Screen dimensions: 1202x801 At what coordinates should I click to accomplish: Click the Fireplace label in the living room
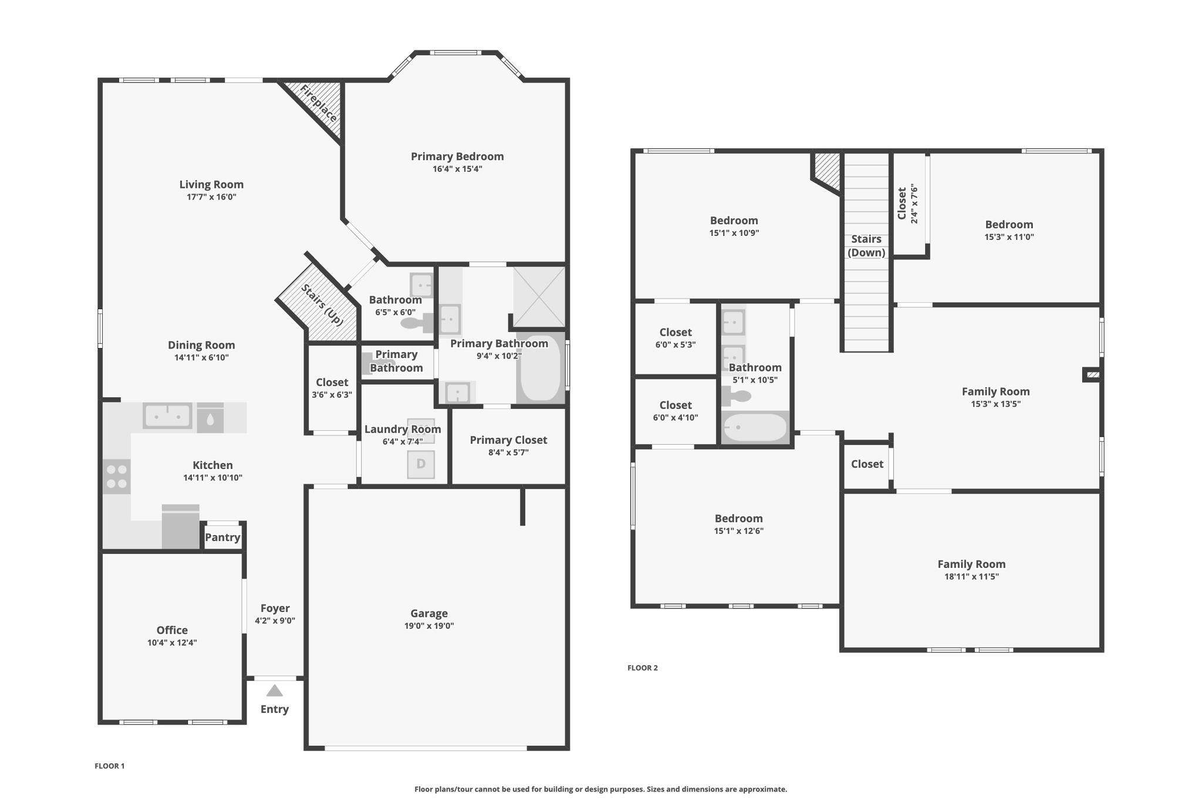click(319, 103)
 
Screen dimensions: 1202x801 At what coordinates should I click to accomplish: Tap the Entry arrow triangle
click(275, 691)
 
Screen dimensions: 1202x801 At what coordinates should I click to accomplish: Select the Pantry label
click(222, 537)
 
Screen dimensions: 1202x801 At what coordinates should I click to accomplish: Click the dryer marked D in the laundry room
click(421, 464)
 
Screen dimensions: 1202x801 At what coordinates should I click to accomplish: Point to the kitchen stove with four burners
click(117, 476)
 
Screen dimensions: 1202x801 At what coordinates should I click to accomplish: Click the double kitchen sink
click(168, 415)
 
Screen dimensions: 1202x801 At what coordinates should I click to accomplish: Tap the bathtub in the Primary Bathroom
click(541, 368)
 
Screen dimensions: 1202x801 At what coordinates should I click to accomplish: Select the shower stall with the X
click(539, 297)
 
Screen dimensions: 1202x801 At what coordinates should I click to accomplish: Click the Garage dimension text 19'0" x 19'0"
click(429, 626)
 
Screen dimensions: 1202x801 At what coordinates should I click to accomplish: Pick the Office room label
click(172, 630)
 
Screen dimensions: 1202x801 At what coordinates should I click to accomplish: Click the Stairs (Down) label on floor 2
click(866, 246)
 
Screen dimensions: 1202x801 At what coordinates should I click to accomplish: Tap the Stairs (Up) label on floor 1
click(322, 305)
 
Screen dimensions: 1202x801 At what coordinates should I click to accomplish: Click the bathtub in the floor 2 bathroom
click(755, 427)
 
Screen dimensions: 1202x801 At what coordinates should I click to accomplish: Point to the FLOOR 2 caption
click(643, 668)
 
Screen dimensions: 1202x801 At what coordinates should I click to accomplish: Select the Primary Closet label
click(508, 440)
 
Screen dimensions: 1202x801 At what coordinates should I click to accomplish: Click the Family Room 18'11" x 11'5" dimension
click(971, 576)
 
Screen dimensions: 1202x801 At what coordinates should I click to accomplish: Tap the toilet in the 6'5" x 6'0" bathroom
click(417, 323)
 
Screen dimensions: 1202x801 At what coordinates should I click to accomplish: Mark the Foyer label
click(275, 608)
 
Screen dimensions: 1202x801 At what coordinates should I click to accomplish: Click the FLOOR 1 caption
click(110, 766)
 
